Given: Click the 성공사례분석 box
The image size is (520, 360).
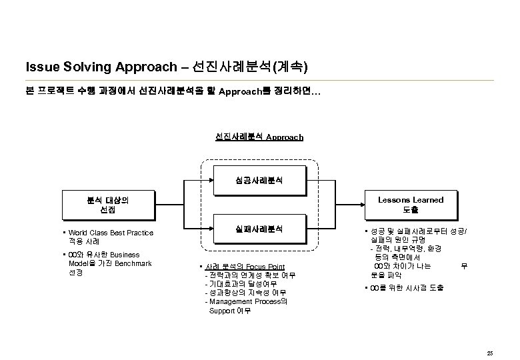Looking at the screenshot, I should click(x=259, y=180).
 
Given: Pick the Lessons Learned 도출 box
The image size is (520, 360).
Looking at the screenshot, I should click(x=411, y=205).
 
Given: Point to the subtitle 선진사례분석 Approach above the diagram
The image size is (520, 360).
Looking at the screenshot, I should click(x=259, y=137).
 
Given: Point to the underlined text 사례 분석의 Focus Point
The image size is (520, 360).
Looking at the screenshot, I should click(x=246, y=267).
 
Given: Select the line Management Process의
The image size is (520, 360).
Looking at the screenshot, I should click(x=248, y=301).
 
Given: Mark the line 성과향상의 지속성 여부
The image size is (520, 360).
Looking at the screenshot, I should click(x=247, y=293).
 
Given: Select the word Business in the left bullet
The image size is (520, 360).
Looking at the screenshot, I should click(x=125, y=255).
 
